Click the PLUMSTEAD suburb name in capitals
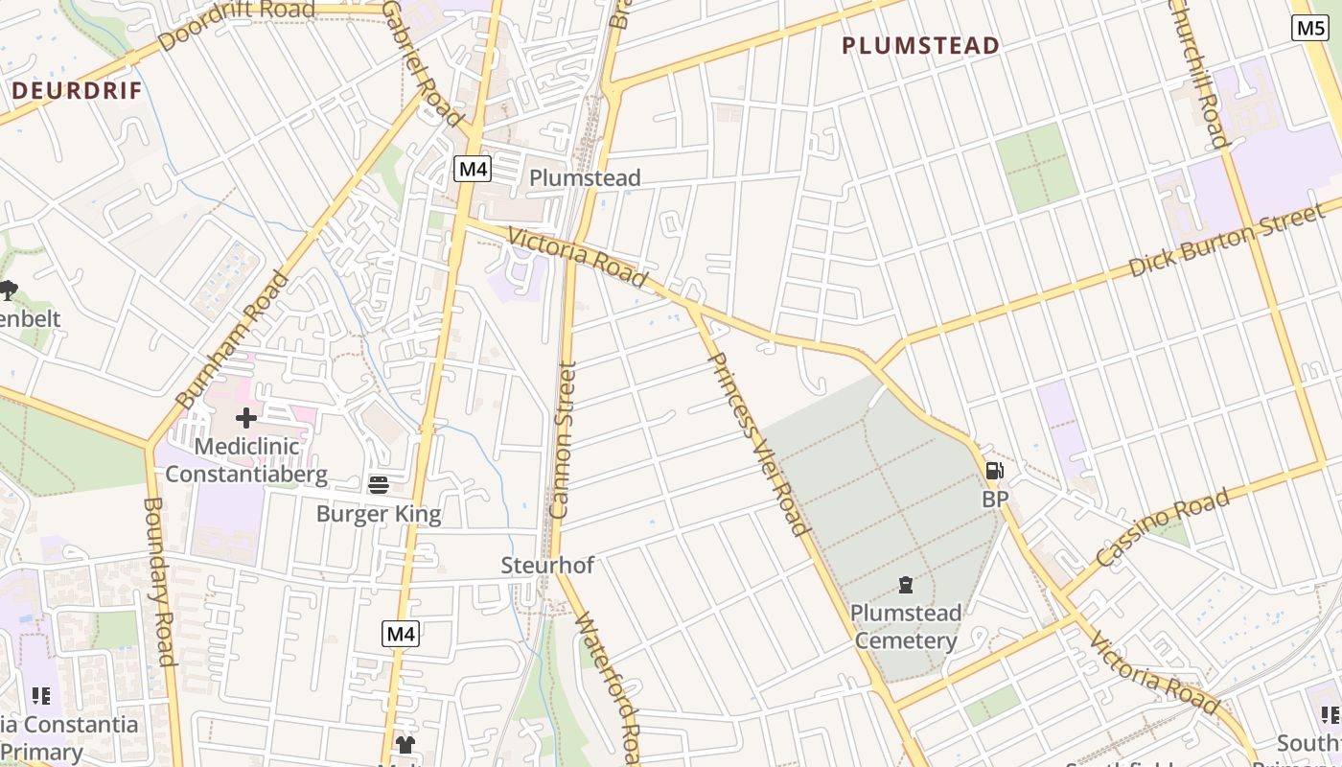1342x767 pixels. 920,45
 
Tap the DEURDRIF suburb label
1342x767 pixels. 77,91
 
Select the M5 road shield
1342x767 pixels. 1309,28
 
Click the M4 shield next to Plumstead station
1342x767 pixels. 473,170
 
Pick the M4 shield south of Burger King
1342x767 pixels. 402,633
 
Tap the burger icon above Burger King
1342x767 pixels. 378,484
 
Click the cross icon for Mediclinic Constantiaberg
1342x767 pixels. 246,417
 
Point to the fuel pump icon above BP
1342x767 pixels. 995,471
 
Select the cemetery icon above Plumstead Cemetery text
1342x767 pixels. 905,584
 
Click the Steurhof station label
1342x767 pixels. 547,565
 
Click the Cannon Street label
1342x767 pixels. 563,440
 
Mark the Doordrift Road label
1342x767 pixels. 237,25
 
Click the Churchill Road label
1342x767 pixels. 1197,72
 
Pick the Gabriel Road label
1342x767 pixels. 422,63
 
